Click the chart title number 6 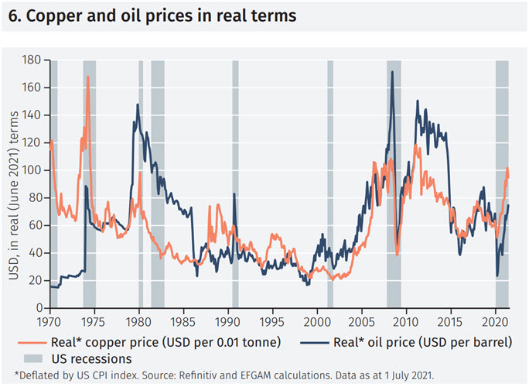click(x=12, y=16)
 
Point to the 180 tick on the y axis click(x=32, y=60)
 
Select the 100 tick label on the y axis click(x=32, y=170)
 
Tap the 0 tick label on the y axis click(x=39, y=308)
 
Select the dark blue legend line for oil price click(x=303, y=341)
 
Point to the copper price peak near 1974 click(x=88, y=77)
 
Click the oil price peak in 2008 click(x=393, y=72)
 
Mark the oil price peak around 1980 click(x=138, y=104)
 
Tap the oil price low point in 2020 click(x=497, y=276)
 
